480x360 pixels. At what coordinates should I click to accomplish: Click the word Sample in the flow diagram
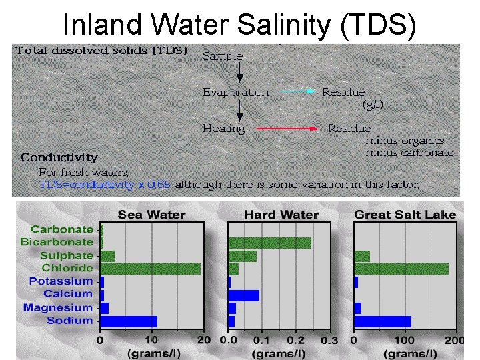(223, 56)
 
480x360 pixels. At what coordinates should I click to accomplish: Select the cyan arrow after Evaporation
(297, 93)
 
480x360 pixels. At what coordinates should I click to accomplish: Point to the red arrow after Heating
(287, 128)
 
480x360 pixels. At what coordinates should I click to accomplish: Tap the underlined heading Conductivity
(59, 158)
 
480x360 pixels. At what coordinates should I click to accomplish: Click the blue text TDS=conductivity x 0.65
(105, 184)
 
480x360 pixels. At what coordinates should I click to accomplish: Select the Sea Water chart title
(151, 215)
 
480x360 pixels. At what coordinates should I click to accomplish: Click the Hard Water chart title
(281, 215)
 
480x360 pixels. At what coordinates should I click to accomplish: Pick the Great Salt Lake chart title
(405, 215)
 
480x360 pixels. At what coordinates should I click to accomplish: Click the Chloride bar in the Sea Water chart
(150, 269)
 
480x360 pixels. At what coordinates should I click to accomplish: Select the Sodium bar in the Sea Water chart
(128, 321)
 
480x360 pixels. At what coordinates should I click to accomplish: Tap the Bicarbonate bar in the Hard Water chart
(269, 243)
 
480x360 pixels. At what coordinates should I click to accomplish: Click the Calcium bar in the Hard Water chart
(243, 295)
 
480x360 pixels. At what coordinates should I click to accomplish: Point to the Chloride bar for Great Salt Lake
(401, 269)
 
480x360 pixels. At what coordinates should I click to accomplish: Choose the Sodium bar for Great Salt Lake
(382, 321)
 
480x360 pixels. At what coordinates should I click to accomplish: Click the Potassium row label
(61, 281)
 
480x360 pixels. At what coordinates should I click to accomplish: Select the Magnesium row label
(58, 308)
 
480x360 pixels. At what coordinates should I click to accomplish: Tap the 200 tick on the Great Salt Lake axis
(455, 340)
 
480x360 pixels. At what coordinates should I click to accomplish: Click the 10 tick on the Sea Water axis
(152, 340)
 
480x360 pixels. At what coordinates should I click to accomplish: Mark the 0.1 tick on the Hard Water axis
(262, 340)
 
